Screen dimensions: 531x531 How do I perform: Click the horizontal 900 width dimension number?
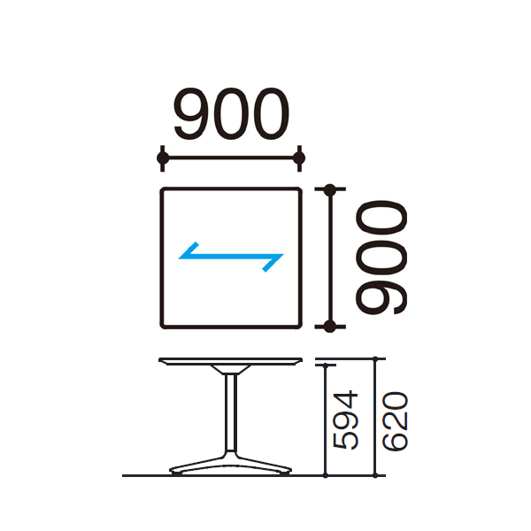[231, 114]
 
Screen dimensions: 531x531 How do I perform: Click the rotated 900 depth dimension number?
[381, 258]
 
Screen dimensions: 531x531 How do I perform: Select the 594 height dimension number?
[345, 419]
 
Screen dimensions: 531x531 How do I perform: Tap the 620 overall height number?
[395, 421]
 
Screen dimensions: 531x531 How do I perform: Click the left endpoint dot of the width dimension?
[163, 158]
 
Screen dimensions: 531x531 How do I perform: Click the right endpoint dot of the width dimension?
[299, 158]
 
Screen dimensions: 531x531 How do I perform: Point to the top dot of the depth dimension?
[329, 189]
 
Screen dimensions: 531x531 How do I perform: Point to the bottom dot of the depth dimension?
[329, 327]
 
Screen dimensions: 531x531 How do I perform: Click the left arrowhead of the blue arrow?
[189, 251]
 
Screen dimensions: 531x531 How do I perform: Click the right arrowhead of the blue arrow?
[273, 263]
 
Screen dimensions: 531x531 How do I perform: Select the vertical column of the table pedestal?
[231, 412]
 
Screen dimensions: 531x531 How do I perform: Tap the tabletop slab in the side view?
[231, 361]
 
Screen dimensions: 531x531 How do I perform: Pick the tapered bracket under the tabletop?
[231, 370]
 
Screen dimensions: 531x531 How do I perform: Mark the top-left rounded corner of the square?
[163, 190]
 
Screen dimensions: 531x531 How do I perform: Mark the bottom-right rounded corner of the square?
[299, 326]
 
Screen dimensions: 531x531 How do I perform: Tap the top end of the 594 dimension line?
[326, 366]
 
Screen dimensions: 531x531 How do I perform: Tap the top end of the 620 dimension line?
[375, 358]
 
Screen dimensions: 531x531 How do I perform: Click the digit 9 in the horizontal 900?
[192, 114]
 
